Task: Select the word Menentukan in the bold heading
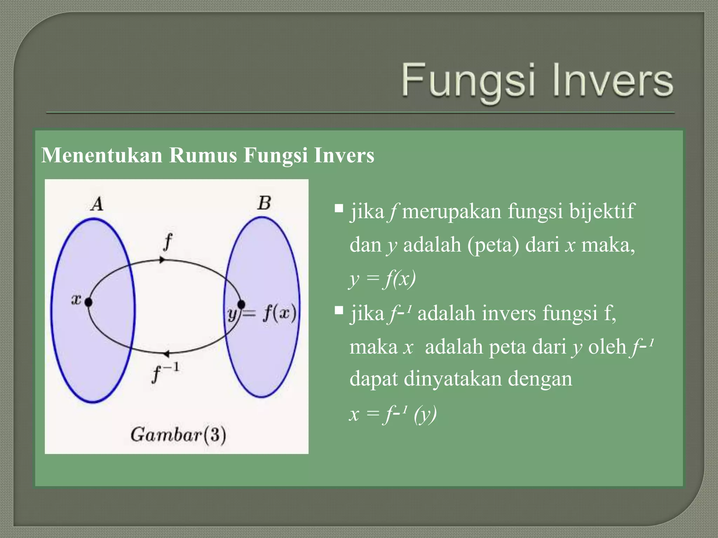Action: tap(102, 155)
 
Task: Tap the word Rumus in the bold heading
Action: tap(203, 155)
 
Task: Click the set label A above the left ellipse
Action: tap(97, 204)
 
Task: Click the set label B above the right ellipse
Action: tap(264, 203)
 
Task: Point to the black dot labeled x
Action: tap(88, 302)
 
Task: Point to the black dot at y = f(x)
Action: tap(241, 304)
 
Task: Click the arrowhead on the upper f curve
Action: tap(162, 260)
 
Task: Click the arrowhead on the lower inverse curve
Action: tap(166, 354)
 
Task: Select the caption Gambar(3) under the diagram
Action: tap(178, 435)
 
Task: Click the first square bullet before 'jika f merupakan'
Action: tap(339, 209)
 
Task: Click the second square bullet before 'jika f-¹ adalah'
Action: tap(339, 310)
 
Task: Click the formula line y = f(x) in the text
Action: tap(382, 279)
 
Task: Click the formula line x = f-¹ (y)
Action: tap(393, 414)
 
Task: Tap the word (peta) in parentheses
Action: tap(493, 245)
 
